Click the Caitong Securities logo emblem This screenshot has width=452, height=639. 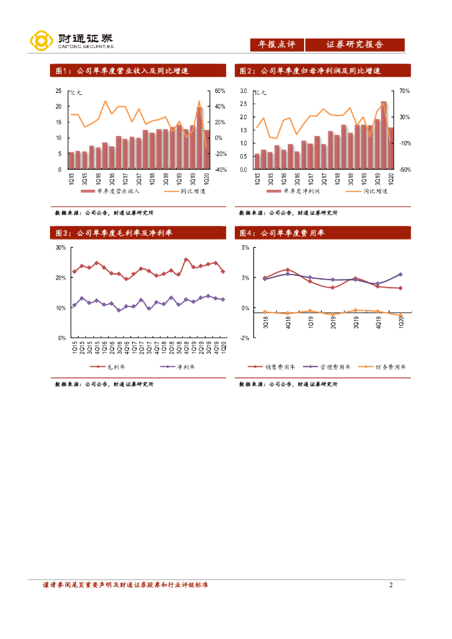[x=41, y=41]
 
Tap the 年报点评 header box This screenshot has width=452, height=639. [x=277, y=45]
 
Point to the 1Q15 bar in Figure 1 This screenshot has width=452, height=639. [x=71, y=160]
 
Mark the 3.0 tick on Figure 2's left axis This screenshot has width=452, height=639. [x=243, y=91]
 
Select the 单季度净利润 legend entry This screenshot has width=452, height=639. [x=298, y=192]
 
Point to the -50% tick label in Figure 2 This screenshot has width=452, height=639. [x=404, y=169]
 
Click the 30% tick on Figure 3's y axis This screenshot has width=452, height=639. [x=61, y=248]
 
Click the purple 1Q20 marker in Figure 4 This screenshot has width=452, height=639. [x=401, y=275]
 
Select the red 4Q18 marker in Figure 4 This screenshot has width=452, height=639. [x=288, y=270]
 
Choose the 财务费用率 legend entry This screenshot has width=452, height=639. [x=386, y=368]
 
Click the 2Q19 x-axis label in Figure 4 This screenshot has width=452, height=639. [x=333, y=323]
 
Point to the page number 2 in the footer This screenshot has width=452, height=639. [x=391, y=585]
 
